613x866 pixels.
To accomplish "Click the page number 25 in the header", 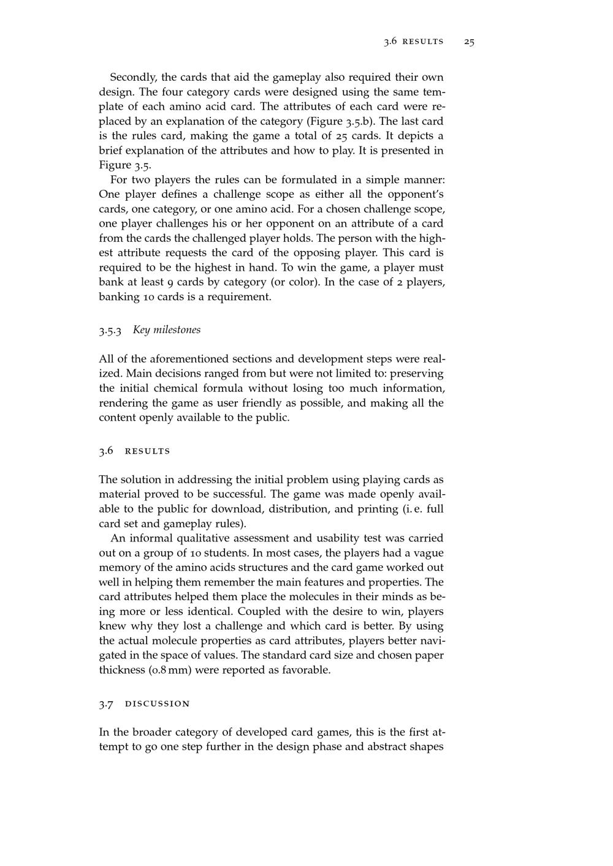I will point(470,42).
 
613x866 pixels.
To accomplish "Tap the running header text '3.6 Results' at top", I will point(414,42).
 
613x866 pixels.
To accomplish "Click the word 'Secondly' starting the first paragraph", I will point(132,77).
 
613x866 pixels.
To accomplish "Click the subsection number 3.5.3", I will point(110,330).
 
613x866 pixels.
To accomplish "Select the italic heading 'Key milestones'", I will point(167,329).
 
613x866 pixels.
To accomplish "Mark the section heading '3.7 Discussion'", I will point(145,704).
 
